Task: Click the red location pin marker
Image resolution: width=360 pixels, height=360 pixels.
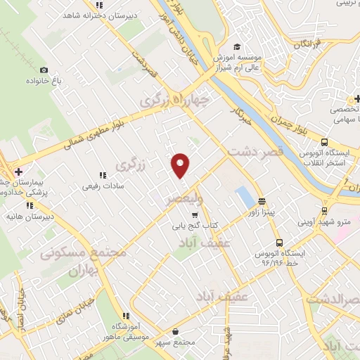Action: click(x=181, y=165)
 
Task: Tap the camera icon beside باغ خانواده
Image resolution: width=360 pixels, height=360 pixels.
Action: click(x=44, y=70)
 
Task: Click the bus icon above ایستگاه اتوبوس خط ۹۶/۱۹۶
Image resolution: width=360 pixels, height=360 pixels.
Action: click(x=280, y=240)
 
